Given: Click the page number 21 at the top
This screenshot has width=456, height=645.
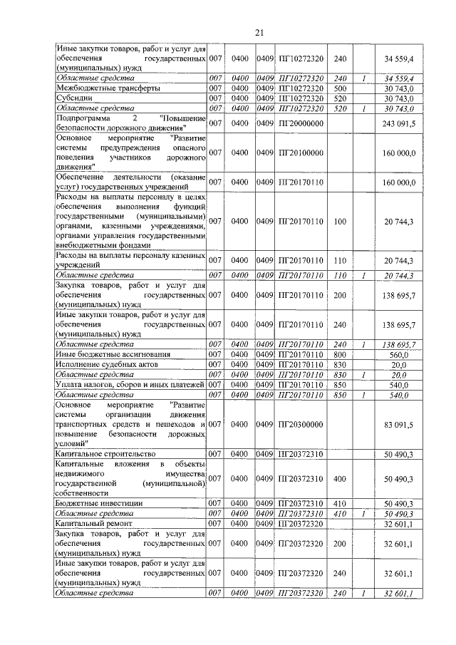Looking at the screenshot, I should point(259,32).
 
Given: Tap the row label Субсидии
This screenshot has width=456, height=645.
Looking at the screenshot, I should point(73,98).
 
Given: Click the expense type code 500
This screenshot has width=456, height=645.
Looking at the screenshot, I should point(340,88).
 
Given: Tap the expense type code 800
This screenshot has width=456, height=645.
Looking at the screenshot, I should point(340,354).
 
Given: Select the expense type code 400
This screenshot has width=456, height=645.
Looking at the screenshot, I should point(340,478).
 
